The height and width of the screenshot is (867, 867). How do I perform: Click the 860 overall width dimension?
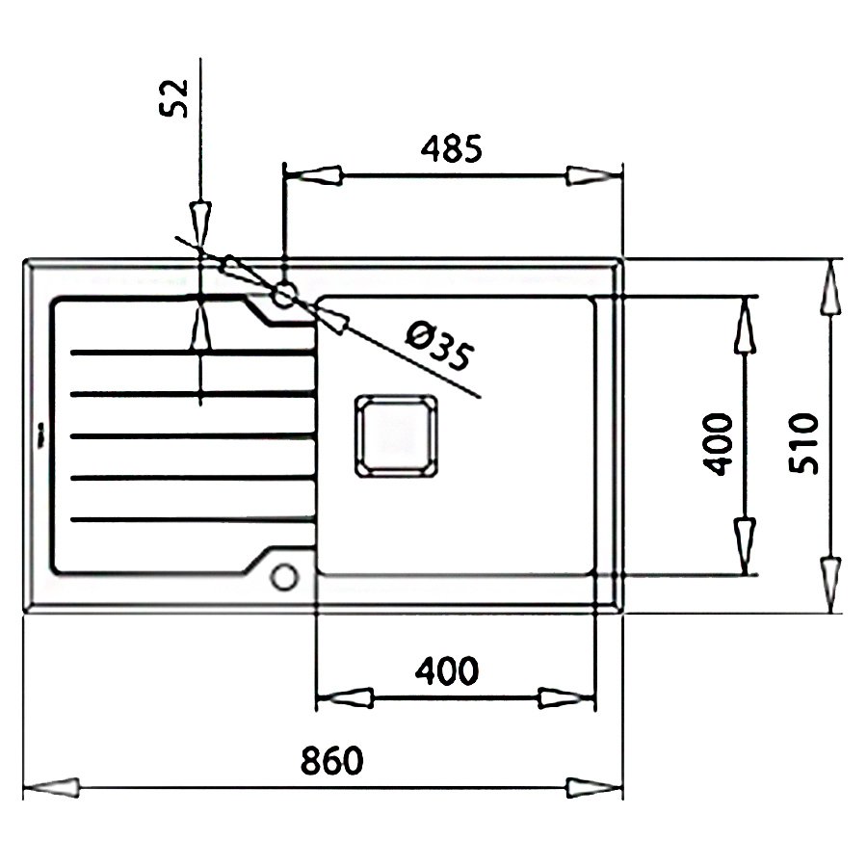click(331, 760)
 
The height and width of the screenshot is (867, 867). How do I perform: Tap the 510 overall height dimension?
click(802, 443)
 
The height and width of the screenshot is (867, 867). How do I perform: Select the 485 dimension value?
click(451, 148)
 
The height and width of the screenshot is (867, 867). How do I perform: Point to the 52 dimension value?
click(173, 98)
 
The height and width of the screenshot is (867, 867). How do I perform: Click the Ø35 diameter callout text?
click(440, 347)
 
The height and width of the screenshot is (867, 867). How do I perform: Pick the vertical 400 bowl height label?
click(717, 444)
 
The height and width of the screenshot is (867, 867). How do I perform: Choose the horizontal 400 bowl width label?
click(447, 670)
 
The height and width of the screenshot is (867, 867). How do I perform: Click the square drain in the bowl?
click(396, 435)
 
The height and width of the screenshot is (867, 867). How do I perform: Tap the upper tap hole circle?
click(284, 294)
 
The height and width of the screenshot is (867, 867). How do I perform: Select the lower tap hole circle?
click(284, 577)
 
